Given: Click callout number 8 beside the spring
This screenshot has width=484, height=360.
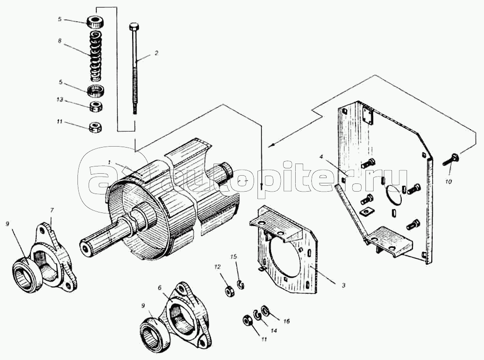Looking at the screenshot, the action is [x=60, y=40].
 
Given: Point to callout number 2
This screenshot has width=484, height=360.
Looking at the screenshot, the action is [x=156, y=53].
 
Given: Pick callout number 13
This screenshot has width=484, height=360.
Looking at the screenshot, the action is [x=60, y=100].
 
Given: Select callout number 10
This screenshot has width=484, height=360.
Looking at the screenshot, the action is [x=448, y=182].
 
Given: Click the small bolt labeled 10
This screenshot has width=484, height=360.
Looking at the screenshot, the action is [x=451, y=159].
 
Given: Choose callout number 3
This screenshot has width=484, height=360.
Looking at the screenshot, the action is [x=344, y=285].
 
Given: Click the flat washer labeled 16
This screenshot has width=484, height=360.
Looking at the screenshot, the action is [x=265, y=309].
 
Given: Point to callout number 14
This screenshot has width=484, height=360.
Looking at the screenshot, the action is [x=273, y=330].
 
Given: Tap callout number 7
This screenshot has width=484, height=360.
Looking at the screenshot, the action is [x=52, y=210].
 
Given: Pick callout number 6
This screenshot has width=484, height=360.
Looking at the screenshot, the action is [x=160, y=288].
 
